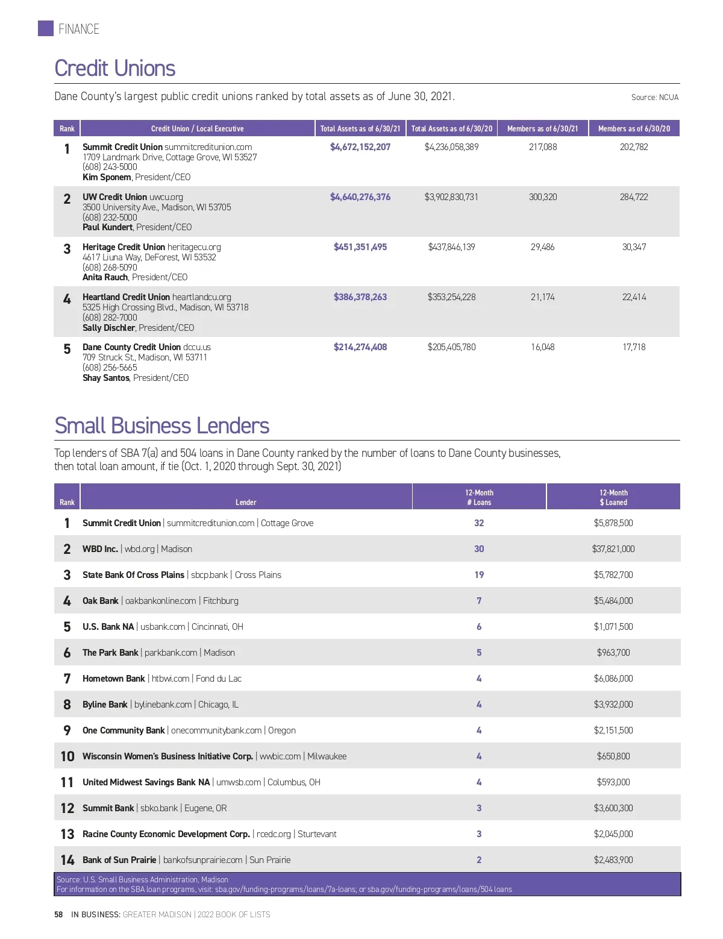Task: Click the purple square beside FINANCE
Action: [x=46, y=28]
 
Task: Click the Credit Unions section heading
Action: [x=114, y=69]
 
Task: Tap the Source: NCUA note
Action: [x=654, y=97]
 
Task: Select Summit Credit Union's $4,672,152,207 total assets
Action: [x=360, y=147]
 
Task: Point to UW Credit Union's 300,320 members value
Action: [x=543, y=197]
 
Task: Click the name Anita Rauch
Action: [x=105, y=277]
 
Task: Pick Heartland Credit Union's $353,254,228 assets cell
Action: [x=451, y=297]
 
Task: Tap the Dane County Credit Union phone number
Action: [x=110, y=368]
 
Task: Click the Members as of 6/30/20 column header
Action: [x=634, y=128]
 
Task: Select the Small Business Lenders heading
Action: [x=161, y=426]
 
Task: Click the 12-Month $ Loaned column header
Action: [x=613, y=497]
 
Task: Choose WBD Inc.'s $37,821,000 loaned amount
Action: [x=613, y=549]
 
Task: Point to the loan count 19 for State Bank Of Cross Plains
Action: [x=479, y=575]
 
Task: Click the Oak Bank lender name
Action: [x=101, y=601]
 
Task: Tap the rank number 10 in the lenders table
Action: [x=67, y=756]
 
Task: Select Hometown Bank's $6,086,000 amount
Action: [x=613, y=679]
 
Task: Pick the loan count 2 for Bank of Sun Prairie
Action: [x=479, y=860]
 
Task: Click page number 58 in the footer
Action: [x=58, y=914]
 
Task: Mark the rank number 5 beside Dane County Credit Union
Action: [x=67, y=349]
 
